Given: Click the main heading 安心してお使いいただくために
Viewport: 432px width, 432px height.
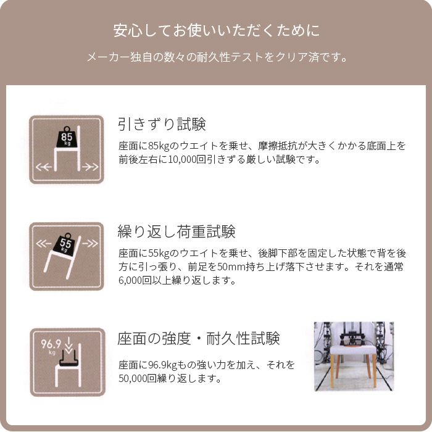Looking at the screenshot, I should coord(216,30).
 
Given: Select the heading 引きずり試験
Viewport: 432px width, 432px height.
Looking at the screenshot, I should coord(162,125).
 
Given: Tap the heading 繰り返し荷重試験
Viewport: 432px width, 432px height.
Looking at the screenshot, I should coord(177,232).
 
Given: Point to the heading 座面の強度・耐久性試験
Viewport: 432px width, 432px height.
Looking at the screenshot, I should coord(199,339).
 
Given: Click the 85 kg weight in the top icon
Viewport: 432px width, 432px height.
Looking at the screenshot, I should coord(67,138).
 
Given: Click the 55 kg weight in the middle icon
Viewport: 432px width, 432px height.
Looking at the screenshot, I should coord(67,245).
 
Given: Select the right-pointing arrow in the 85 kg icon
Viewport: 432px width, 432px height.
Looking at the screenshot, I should coord(90,167).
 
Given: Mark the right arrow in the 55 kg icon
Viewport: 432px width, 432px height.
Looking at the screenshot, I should coord(89,243).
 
